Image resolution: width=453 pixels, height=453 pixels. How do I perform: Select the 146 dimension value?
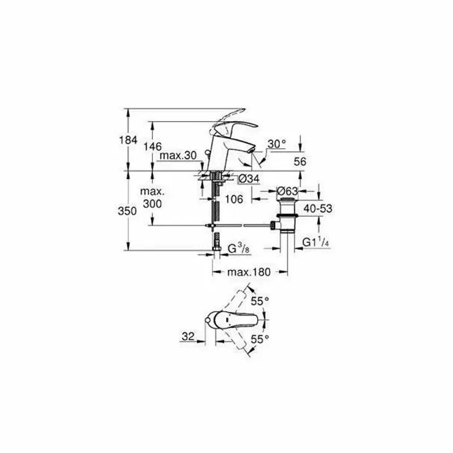pos(152,147)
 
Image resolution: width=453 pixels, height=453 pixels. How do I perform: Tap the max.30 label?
pos(177,156)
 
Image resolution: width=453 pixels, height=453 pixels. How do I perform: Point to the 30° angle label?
pos(276,144)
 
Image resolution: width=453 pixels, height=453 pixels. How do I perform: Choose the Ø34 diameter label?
pos(248,179)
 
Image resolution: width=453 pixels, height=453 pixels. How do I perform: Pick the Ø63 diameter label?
pos(287,191)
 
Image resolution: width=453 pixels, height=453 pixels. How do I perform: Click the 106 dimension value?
pos(234,199)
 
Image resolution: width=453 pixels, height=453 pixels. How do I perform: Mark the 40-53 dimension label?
pos(318,208)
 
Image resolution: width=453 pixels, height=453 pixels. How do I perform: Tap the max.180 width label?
pos(250,272)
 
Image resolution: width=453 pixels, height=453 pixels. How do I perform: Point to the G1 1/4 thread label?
pos(316,242)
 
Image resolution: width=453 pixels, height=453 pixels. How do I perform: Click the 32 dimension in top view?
pos(188,336)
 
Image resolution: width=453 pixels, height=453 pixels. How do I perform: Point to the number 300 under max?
pos(152,204)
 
